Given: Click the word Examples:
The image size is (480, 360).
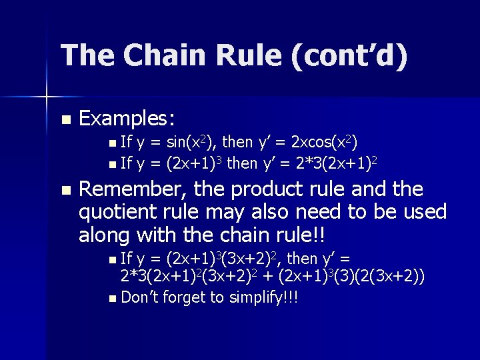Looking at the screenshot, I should click(x=127, y=119).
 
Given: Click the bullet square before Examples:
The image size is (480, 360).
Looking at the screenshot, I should click(x=65, y=121).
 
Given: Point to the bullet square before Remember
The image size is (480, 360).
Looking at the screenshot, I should click(x=65, y=191).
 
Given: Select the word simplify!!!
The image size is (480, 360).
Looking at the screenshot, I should click(x=262, y=297).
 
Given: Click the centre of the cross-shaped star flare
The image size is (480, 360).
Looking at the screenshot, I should click(x=46, y=98).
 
